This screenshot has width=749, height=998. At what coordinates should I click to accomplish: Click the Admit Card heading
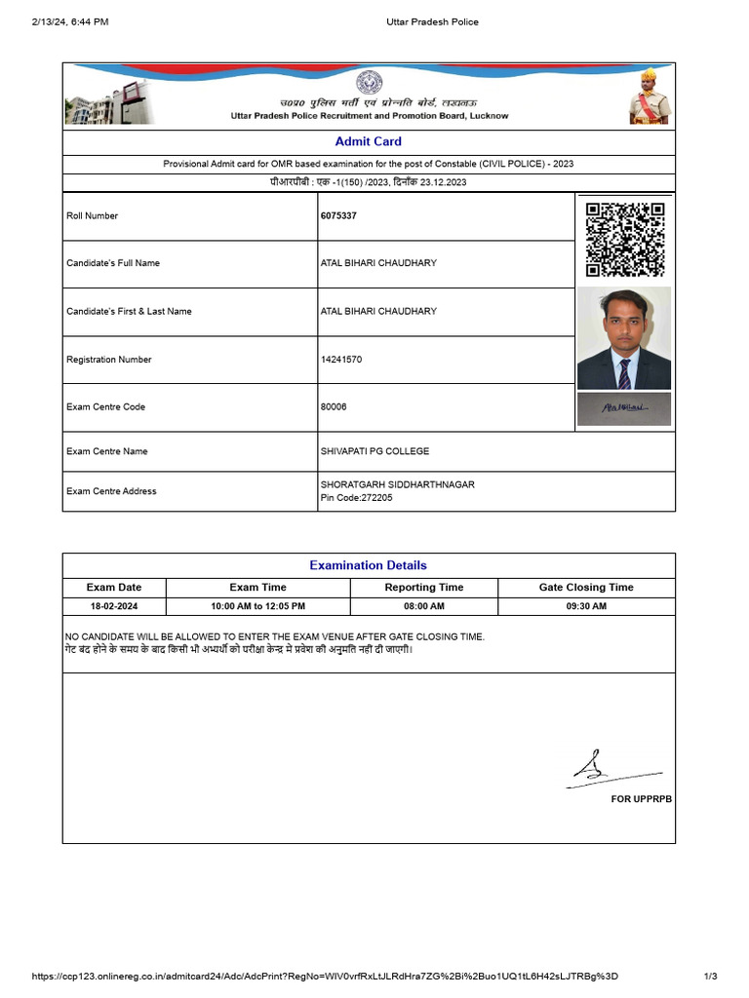tap(368, 141)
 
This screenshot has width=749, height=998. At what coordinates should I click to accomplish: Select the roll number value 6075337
tap(338, 215)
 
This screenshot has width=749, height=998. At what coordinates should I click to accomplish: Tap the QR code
tap(624, 239)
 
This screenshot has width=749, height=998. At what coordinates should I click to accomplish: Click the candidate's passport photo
tap(623, 338)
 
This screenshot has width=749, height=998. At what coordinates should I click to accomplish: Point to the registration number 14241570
tap(341, 360)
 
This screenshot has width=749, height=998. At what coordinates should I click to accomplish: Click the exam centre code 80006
tap(334, 406)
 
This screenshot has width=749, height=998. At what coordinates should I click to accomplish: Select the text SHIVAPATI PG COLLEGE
tap(374, 451)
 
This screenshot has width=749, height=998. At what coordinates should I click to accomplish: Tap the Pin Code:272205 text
tap(356, 498)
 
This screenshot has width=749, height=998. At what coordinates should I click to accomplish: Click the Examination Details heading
tap(368, 565)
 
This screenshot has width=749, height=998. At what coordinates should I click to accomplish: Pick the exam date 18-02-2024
tap(115, 606)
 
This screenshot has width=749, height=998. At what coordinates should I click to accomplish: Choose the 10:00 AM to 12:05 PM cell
tap(258, 606)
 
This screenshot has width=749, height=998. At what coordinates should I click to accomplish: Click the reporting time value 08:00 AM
tap(423, 606)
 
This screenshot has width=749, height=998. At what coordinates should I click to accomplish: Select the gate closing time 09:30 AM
tap(585, 606)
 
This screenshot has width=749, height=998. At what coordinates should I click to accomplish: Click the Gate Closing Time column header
tap(585, 588)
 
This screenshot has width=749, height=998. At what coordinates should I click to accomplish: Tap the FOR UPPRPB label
tap(641, 799)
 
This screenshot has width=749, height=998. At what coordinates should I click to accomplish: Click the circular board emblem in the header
tap(369, 82)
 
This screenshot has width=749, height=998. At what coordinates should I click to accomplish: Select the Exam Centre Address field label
tap(111, 491)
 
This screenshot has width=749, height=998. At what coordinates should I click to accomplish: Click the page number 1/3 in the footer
tap(710, 977)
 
